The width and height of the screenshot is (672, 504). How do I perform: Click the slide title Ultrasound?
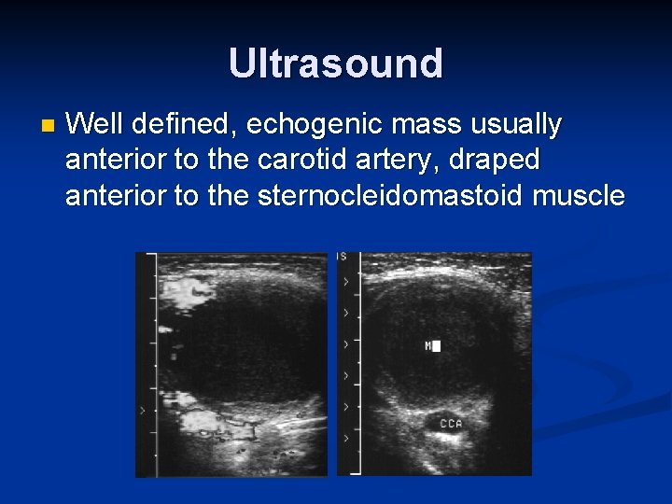coord(336,63)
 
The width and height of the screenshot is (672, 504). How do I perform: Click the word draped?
coord(496,160)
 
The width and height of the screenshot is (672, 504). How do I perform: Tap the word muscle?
coord(578,196)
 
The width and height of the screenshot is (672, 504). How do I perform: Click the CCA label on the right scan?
coord(451,425)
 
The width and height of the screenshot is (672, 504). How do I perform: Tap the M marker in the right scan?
coord(427,346)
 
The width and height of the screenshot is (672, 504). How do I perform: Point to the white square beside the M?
coord(436,346)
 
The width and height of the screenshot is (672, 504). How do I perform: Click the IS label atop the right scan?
coord(343,257)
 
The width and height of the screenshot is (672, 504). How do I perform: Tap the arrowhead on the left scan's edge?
coord(142,410)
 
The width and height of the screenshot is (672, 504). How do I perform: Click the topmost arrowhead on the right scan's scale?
coord(346,281)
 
